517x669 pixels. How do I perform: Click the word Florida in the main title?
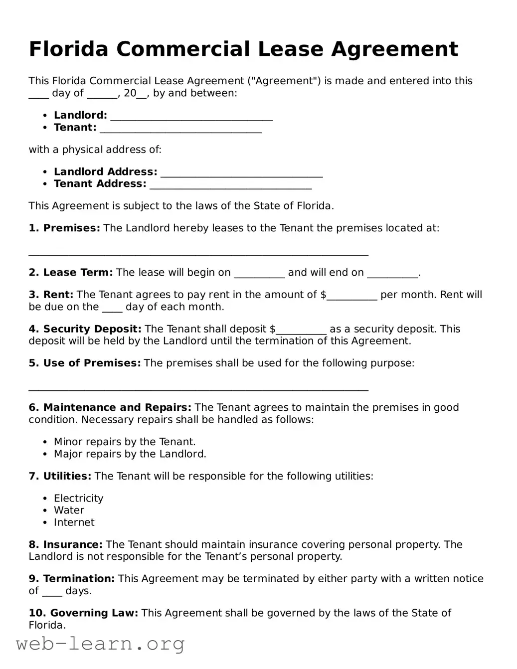click(x=68, y=49)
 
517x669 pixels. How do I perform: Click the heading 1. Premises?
click(x=64, y=228)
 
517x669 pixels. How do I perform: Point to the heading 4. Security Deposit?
click(x=85, y=329)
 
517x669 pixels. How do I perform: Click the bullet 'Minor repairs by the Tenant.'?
click(x=125, y=442)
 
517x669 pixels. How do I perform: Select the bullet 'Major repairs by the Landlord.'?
click(x=130, y=454)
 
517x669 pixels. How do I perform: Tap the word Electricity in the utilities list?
click(x=79, y=499)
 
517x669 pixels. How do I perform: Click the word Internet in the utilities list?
click(x=74, y=522)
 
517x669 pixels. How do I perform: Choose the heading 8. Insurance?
click(x=65, y=545)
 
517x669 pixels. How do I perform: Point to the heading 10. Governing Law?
click(x=83, y=613)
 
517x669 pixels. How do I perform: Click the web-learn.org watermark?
click(x=100, y=645)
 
